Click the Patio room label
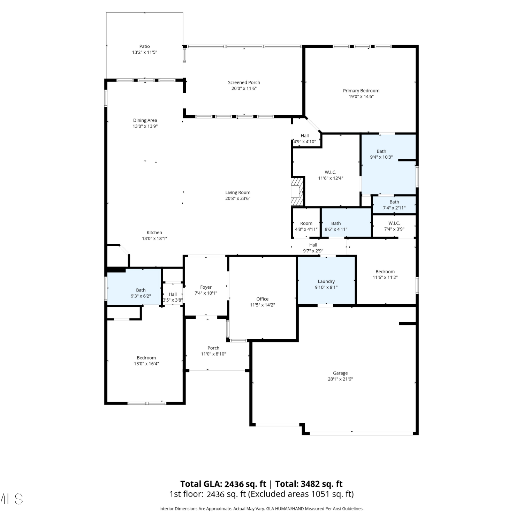145,46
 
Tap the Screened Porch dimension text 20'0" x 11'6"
244,89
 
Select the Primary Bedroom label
361,91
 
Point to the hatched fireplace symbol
297,192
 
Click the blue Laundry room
326,281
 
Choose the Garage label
340,373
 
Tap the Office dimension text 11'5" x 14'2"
263,305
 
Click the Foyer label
206,287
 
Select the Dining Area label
145,120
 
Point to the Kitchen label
154,233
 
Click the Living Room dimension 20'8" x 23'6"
238,199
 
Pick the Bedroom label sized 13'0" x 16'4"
146,358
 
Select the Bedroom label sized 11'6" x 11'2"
385,272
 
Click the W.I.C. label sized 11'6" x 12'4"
331,172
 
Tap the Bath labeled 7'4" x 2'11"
394,205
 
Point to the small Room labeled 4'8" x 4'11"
306,223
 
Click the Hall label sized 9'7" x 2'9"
313,245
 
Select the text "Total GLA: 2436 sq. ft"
223,484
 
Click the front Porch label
213,348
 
